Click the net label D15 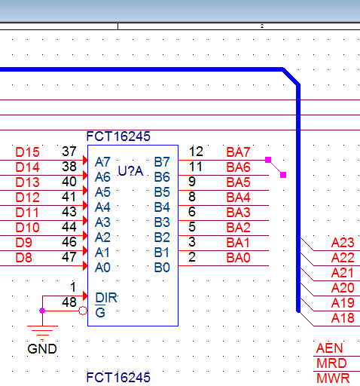click(27, 152)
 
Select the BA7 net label click(238, 152)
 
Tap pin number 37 click(69, 152)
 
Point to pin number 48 click(69, 302)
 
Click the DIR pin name click(106, 298)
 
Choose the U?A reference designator click(130, 171)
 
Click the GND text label click(42, 349)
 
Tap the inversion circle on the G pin click(83, 311)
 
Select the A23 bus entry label click(343, 243)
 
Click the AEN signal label click(329, 348)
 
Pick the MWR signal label click(333, 378)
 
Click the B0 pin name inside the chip click(162, 268)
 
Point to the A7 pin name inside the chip click(102, 162)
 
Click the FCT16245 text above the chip click(118, 136)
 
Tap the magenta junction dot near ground click(42, 311)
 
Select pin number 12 click(196, 152)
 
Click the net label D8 click(23, 258)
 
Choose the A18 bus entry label click(343, 318)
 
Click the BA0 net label click(238, 258)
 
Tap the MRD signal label click(331, 363)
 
